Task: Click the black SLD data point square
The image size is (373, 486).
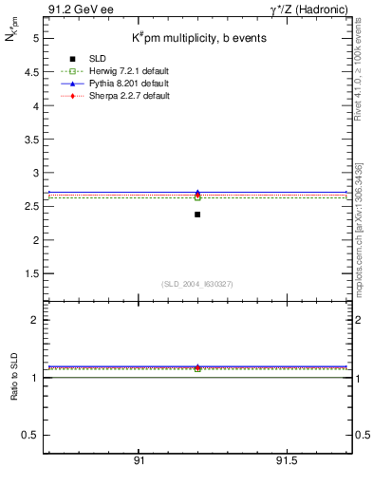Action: pyautogui.click(x=197, y=215)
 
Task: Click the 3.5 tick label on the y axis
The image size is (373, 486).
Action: pyautogui.click(x=30, y=140)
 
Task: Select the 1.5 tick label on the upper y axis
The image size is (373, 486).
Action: pyautogui.click(x=30, y=273)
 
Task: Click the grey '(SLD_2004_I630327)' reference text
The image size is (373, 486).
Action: pyautogui.click(x=197, y=284)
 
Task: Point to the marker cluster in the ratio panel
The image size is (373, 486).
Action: pyautogui.click(x=197, y=367)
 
